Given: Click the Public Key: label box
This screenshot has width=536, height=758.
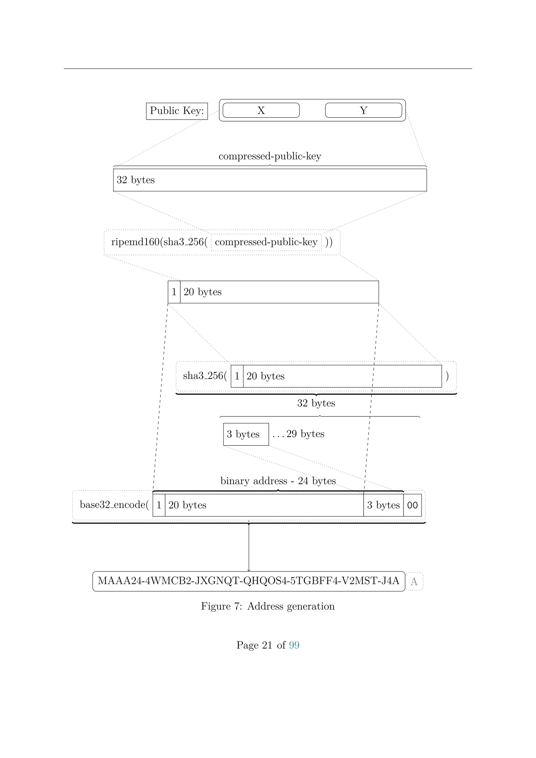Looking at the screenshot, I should point(177,111).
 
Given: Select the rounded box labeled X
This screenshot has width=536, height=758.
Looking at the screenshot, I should point(261,110).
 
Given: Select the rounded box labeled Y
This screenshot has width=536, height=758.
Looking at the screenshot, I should point(363,110).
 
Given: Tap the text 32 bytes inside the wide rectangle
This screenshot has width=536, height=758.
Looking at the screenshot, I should point(136,180).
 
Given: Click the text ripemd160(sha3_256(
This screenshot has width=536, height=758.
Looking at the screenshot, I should point(159,242).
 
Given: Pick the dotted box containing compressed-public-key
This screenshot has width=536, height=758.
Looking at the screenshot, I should point(266,242).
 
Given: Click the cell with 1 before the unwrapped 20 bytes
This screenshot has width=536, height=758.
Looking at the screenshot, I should point(174,292).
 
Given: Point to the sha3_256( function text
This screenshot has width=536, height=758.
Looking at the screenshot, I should point(205,376).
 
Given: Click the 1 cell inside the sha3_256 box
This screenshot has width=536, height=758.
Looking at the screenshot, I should point(237,376).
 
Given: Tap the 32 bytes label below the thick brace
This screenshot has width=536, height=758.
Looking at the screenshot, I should point(316,403).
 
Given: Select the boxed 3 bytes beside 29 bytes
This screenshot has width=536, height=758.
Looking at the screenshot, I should point(246,434).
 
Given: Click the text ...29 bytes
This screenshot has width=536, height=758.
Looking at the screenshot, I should point(299,434).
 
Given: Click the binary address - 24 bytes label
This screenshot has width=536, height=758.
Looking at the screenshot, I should point(278,481).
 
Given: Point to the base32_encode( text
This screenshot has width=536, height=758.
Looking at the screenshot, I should point(114,505).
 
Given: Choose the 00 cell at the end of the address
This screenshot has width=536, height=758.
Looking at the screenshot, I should point(412,505).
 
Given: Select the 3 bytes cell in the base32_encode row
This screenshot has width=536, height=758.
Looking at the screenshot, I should point(383,505).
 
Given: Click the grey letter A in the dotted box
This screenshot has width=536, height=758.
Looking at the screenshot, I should point(414,582).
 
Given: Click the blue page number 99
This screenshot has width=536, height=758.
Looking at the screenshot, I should point(294,645).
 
